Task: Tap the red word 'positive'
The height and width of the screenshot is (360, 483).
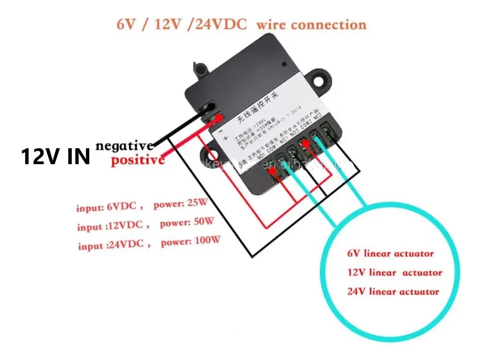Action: pos(138,160)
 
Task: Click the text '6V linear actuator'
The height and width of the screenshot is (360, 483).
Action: pos(390,254)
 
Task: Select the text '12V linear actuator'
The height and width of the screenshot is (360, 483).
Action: pos(395,272)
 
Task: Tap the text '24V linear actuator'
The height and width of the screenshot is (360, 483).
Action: pos(393,291)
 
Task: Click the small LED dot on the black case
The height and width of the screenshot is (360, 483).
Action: pos(284,66)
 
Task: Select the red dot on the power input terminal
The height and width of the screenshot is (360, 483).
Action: pos(220,118)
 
